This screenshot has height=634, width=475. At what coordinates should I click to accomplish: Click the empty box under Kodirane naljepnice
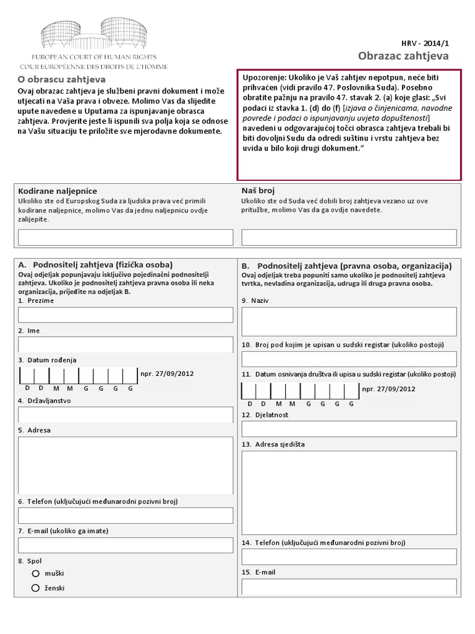pyautogui.click(x=126, y=237)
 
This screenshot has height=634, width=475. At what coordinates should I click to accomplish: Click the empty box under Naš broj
pyautogui.click(x=349, y=237)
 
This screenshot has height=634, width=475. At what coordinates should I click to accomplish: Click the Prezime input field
pyautogui.click(x=126, y=315)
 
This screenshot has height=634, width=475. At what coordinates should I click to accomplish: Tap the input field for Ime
pyautogui.click(x=126, y=344)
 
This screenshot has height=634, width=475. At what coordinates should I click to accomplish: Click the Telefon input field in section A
pyautogui.click(x=126, y=515)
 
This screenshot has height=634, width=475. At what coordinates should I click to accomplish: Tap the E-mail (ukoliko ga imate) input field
pyautogui.click(x=126, y=545)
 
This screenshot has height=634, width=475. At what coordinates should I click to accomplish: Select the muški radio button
pyautogui.click(x=36, y=573)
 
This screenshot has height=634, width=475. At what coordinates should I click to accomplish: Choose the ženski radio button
pyautogui.click(x=36, y=588)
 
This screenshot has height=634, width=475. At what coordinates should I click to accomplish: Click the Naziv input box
pyautogui.click(x=349, y=321)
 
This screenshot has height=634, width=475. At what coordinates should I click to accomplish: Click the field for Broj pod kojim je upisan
pyautogui.click(x=349, y=359)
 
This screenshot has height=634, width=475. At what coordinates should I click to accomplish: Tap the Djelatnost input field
pyautogui.click(x=349, y=429)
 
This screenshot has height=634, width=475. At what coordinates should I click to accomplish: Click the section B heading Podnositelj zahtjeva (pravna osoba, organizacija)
pyautogui.click(x=353, y=265)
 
